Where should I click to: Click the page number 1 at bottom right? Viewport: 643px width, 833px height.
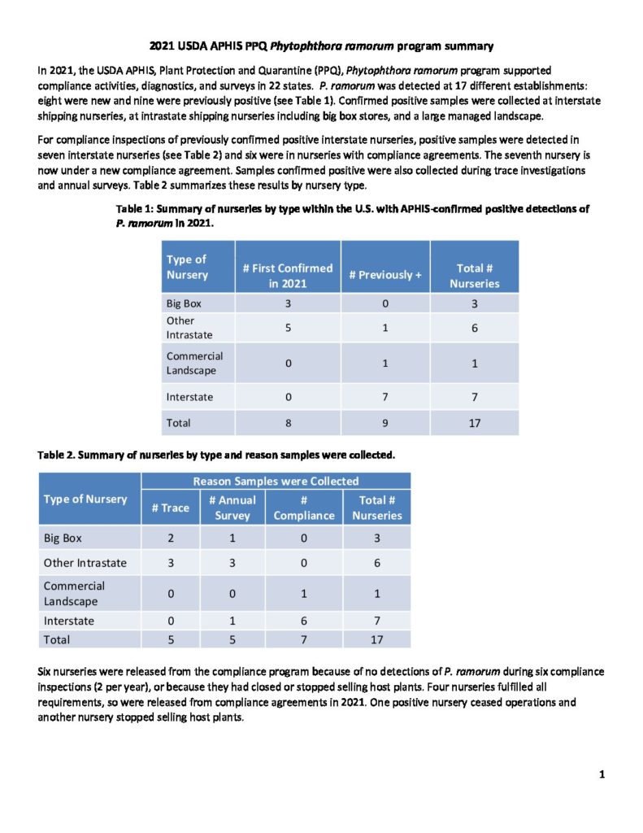pos(602,774)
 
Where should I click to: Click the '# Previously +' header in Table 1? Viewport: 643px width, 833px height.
pos(385,275)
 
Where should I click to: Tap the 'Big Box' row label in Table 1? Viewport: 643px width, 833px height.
pos(184,303)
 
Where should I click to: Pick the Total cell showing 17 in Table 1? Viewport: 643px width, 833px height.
pos(474,423)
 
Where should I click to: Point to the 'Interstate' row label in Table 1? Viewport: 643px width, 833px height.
pos(189,396)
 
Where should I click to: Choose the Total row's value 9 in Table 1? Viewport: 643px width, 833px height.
pos(385,423)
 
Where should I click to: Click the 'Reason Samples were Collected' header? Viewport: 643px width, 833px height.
pos(276,481)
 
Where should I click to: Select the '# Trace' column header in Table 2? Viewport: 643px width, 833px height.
pos(171,508)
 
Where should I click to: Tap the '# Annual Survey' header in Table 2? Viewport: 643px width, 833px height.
pos(232,508)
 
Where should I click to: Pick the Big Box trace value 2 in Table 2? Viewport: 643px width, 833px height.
pos(171,539)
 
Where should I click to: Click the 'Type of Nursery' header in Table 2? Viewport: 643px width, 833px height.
pos(85,499)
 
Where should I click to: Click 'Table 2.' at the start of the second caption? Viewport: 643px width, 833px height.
pos(59,455)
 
